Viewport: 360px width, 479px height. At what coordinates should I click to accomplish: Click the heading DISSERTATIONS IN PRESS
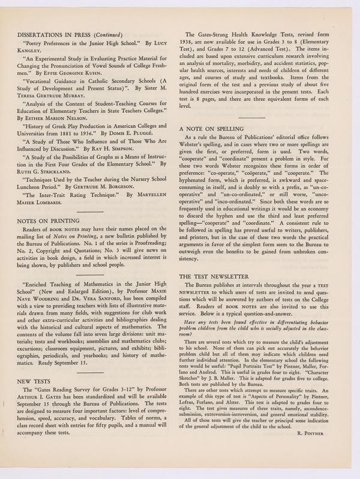coord(56,35)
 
